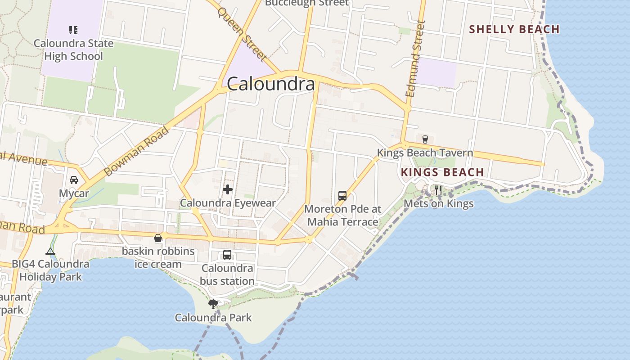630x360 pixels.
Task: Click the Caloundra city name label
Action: [x=270, y=84]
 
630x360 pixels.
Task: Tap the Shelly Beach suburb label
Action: [x=514, y=30]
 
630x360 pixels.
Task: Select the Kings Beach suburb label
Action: [x=442, y=172]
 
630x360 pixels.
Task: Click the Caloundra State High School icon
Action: [x=73, y=30]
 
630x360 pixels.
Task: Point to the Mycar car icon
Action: [x=74, y=180]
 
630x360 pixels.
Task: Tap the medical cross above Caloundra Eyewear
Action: [x=228, y=189]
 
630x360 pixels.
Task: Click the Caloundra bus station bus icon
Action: [x=227, y=255]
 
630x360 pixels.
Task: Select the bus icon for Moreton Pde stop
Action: [x=342, y=196]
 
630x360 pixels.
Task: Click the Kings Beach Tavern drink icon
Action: [x=425, y=139]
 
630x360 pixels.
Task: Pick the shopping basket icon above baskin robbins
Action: [x=158, y=238]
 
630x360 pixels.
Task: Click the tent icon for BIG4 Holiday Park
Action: [x=50, y=251]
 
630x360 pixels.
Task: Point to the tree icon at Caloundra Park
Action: [x=213, y=304]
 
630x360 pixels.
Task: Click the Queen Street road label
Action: [x=243, y=34]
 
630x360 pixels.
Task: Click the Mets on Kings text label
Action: [x=438, y=204]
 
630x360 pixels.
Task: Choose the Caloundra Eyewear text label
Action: [x=228, y=203]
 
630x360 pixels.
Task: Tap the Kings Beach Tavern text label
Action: [x=425, y=153]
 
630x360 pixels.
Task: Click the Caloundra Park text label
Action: [x=213, y=318]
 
